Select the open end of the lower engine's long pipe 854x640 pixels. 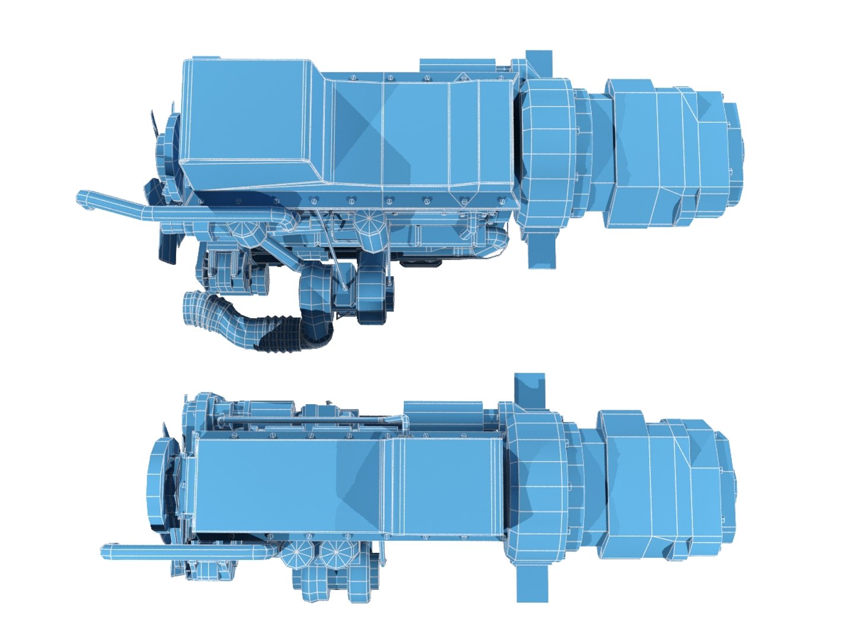pos(106,552)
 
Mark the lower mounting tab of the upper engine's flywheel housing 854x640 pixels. pos(543,249)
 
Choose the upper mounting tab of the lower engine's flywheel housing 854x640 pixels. pos(529,388)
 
